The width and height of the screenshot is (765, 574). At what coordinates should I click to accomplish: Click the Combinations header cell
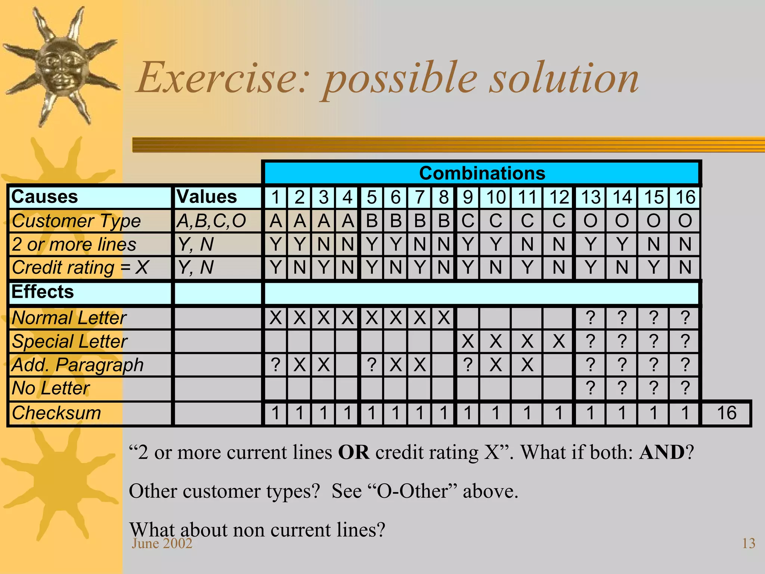click(x=482, y=173)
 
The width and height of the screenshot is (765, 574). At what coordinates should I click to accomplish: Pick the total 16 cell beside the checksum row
click(x=726, y=413)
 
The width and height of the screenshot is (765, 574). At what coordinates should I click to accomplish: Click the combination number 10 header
click(x=495, y=197)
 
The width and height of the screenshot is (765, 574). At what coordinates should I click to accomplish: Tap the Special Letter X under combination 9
click(x=468, y=341)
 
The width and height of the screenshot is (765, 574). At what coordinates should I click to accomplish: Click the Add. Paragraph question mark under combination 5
click(x=371, y=365)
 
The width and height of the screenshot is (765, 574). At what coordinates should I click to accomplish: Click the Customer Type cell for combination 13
click(x=590, y=221)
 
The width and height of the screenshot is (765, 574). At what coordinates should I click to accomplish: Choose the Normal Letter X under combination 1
click(x=276, y=318)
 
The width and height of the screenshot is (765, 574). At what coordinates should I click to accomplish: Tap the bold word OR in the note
click(x=353, y=453)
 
